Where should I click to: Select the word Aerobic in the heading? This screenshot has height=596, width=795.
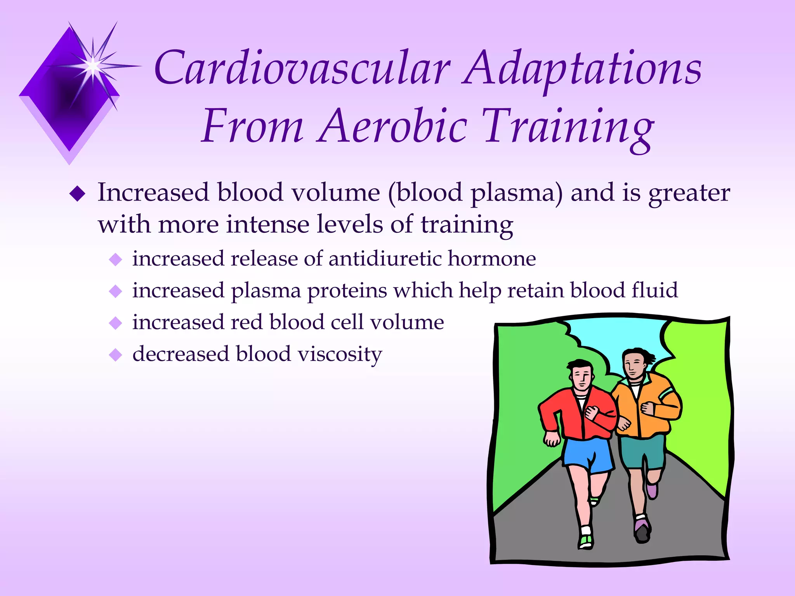pyautogui.click(x=392, y=126)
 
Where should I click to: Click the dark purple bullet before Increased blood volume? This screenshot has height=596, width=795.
pyautogui.click(x=77, y=194)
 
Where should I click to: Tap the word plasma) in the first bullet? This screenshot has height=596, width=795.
pyautogui.click(x=516, y=193)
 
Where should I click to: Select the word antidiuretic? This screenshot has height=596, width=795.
pyautogui.click(x=385, y=258)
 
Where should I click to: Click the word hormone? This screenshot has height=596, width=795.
pyautogui.click(x=492, y=258)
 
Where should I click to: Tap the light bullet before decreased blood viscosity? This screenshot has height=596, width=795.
pyautogui.click(x=116, y=355)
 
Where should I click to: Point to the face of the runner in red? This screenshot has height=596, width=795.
pyautogui.click(x=581, y=378)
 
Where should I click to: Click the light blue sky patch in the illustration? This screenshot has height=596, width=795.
pyautogui.click(x=621, y=341)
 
